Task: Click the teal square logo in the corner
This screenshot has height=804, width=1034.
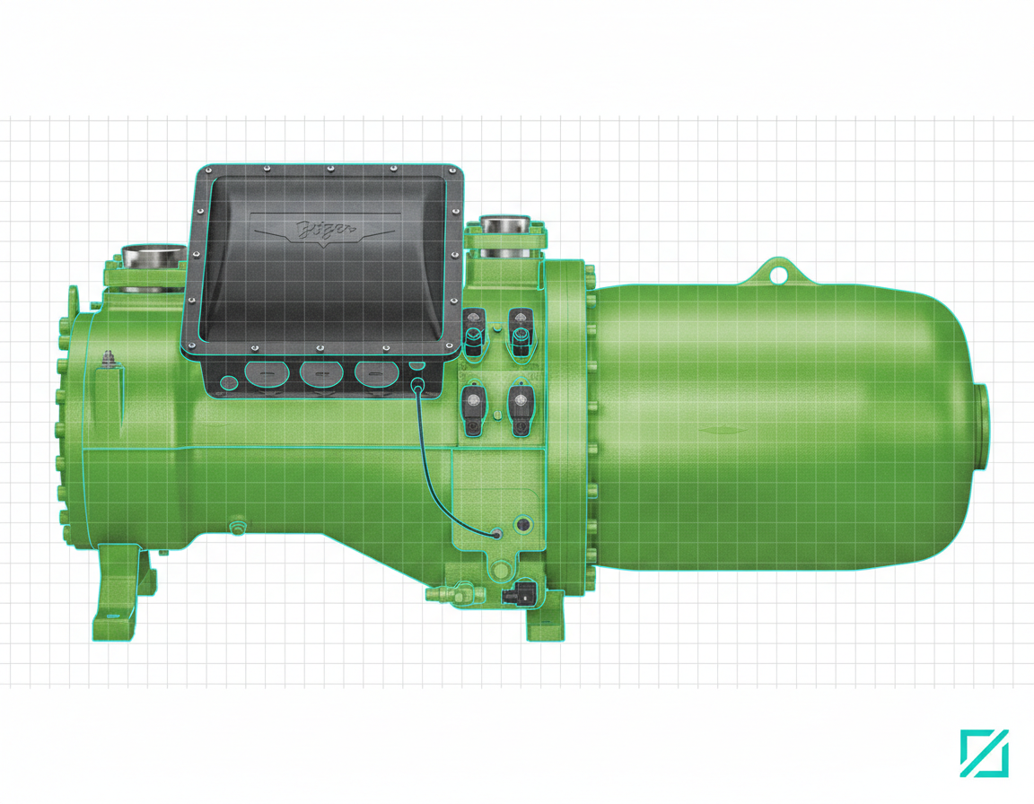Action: tap(984, 753)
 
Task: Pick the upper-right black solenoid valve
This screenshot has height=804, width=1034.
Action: tap(520, 328)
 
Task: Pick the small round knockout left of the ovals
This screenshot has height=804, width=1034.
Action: tap(229, 382)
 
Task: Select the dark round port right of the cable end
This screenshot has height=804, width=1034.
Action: tap(522, 522)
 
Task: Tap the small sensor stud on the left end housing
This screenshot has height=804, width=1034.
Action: tap(110, 358)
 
